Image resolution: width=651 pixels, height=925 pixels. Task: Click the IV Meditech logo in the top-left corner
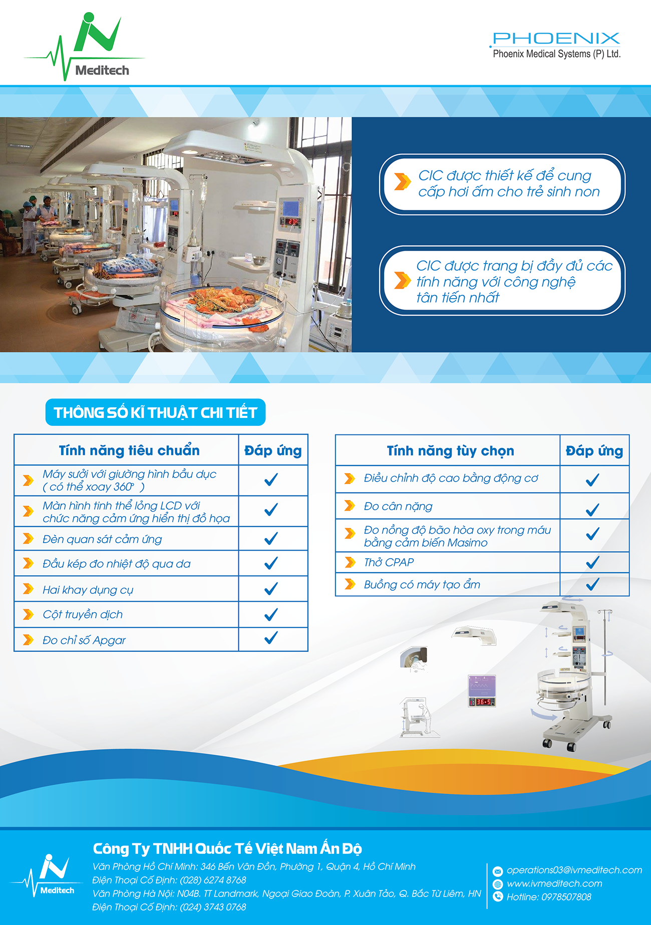click(84, 47)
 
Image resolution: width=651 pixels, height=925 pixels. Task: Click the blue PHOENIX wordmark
click(556, 39)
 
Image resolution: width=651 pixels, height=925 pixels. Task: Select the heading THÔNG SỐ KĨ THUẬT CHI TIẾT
click(155, 412)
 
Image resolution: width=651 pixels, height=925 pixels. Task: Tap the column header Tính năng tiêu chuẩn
click(129, 450)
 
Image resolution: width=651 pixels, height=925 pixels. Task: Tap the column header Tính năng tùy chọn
click(450, 451)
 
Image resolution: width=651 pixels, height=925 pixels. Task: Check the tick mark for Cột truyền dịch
click(271, 614)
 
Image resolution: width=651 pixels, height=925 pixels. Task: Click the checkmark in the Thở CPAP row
click(592, 562)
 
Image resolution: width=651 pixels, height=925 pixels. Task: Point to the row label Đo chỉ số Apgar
click(84, 640)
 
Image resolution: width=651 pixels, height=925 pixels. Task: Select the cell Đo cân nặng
click(398, 506)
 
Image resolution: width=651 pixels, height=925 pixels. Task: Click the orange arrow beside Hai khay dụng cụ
click(29, 589)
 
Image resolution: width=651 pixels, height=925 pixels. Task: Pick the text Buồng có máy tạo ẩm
click(422, 584)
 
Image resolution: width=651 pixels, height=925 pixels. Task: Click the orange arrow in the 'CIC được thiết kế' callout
click(402, 182)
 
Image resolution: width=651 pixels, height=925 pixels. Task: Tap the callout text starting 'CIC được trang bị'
click(514, 281)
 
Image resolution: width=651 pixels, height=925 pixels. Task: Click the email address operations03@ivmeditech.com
click(574, 870)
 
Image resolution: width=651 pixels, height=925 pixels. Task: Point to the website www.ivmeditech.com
click(554, 883)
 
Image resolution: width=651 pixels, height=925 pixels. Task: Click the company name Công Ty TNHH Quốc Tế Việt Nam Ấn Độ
click(227, 848)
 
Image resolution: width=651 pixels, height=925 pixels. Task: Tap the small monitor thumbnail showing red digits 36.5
click(482, 690)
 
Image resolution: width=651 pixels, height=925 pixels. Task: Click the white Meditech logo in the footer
click(48, 875)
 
